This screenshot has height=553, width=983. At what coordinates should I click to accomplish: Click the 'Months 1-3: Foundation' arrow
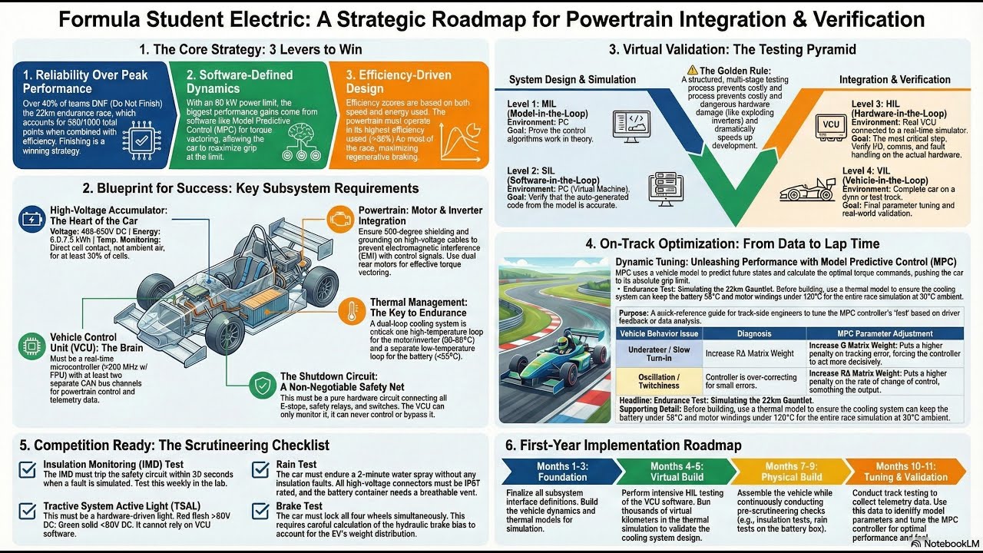click(x=558, y=471)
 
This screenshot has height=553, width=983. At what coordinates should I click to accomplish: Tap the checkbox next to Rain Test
click(x=261, y=469)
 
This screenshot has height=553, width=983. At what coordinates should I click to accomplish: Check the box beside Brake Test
click(x=261, y=511)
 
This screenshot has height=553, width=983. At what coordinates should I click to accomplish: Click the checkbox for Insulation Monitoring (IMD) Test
click(x=28, y=469)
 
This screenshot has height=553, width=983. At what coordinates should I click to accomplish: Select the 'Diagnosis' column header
click(x=753, y=333)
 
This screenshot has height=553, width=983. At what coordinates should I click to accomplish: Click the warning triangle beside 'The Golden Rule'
click(x=693, y=70)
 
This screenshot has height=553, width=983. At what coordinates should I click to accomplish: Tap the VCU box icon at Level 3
click(x=830, y=124)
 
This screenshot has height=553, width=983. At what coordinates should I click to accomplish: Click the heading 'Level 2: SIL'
click(x=541, y=171)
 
